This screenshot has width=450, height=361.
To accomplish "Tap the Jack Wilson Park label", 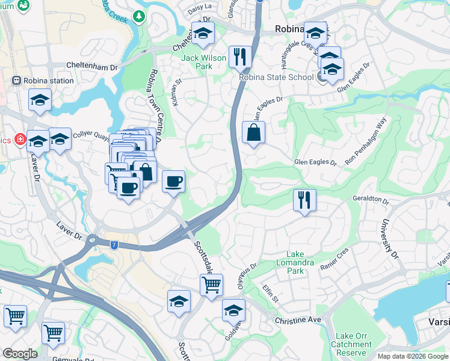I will click(x=205, y=62).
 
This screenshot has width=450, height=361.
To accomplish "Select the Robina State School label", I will click(x=276, y=77).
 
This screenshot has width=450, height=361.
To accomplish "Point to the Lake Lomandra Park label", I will click(x=295, y=263).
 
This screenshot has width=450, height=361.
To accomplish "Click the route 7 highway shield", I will click(x=114, y=244).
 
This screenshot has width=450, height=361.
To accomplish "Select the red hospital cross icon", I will click(x=20, y=140).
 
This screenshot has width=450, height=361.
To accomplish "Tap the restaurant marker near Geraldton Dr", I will click(x=304, y=200).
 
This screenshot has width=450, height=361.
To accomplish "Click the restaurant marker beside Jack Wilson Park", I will click(x=240, y=57).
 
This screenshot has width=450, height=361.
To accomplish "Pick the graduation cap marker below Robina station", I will click(x=40, y=100).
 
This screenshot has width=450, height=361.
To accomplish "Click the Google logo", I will click(x=20, y=354).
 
